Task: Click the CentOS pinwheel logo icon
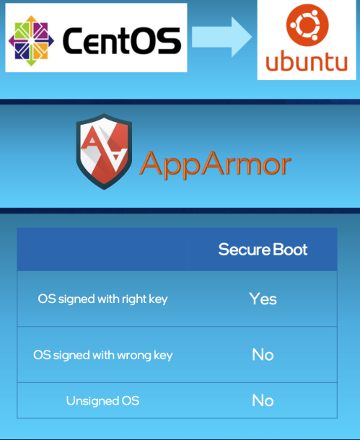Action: coord(31,40)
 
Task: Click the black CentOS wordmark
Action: coord(122,40)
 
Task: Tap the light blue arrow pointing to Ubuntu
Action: coord(221,37)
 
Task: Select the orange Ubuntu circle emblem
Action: coord(307,25)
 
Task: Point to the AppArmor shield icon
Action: coord(104,151)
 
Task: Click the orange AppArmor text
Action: coord(215,164)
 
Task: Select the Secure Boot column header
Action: coord(263,250)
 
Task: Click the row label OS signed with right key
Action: coord(102,299)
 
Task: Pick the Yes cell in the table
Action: coord(263,299)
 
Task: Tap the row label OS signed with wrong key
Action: coord(103,356)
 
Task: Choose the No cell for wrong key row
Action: coord(263,355)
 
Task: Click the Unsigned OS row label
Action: coord(102,401)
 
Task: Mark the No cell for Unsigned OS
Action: coord(263,400)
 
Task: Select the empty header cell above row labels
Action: coord(103,250)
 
